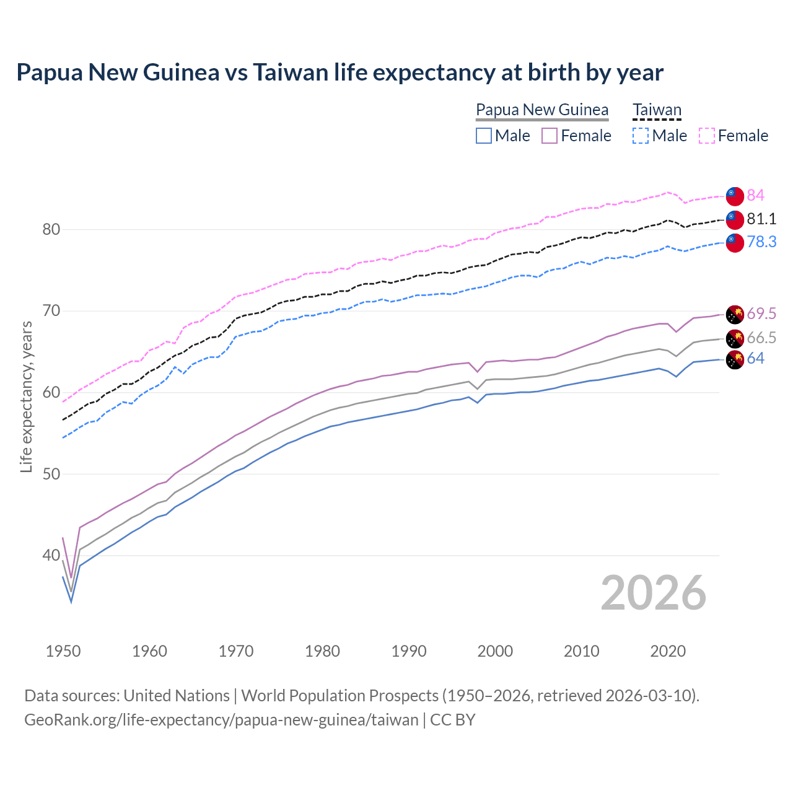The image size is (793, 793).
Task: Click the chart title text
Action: point(340,72)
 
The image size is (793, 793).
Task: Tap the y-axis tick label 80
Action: point(51,229)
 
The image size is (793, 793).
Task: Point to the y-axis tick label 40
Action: point(51,556)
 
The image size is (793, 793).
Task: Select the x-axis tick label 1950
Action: point(63,651)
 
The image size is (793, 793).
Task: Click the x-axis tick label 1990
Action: point(409,651)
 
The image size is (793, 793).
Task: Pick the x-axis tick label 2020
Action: point(668,651)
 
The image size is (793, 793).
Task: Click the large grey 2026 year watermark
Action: point(654,594)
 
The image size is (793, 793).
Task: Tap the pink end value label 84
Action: point(755,195)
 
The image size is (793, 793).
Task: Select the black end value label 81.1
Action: point(761,219)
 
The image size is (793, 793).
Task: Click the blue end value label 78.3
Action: point(761,242)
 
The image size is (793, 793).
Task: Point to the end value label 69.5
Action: point(761,313)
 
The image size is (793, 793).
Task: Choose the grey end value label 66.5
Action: point(761,338)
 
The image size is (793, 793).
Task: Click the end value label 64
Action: point(755,358)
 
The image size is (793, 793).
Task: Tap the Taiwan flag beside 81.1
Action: point(735,219)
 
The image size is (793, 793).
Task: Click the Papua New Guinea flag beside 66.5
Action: point(735,338)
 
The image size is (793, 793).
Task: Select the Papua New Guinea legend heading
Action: point(542,110)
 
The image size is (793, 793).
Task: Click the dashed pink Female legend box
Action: point(707,136)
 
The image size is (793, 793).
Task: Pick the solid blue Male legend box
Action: point(484,136)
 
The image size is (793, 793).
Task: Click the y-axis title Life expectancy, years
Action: point(26,396)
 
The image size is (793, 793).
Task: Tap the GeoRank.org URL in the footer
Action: point(221,720)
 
